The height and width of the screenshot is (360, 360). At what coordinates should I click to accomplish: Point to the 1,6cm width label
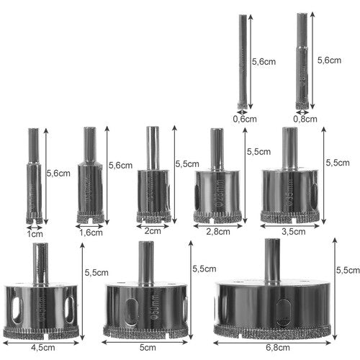click(90, 233)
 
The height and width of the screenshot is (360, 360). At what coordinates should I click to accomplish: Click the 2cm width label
click(153, 231)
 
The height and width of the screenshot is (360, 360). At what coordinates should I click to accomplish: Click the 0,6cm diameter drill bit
click(242, 61)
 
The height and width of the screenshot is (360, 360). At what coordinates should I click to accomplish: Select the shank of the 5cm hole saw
click(147, 263)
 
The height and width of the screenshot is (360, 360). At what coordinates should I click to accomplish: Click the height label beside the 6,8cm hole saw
click(347, 269)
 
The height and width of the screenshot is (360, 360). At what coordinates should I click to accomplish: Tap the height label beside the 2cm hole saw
click(187, 164)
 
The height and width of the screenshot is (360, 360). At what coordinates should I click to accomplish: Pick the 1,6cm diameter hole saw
click(89, 180)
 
